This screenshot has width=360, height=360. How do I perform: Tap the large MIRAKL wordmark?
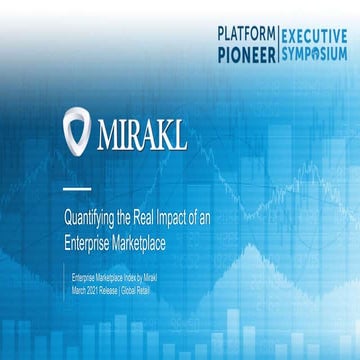click(143, 133)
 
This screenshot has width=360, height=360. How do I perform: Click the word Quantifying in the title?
click(90, 211)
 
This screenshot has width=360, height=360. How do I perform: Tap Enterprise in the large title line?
click(87, 230)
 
